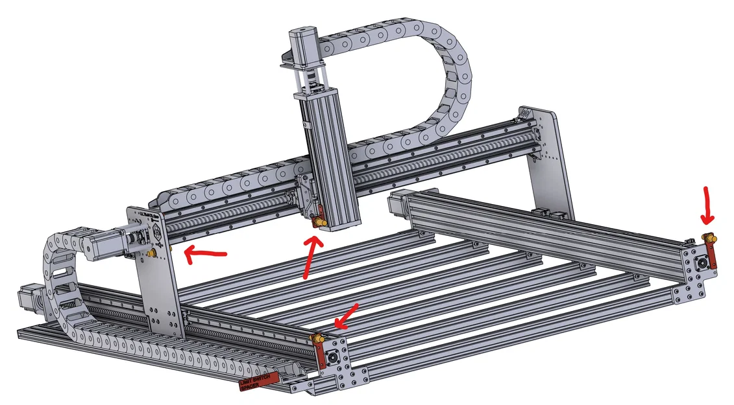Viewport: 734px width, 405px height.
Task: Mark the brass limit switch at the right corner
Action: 710,239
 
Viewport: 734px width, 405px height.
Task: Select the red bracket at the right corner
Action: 712,259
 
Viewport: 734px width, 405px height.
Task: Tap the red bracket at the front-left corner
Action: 320,355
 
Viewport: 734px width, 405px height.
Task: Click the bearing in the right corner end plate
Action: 701,263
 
